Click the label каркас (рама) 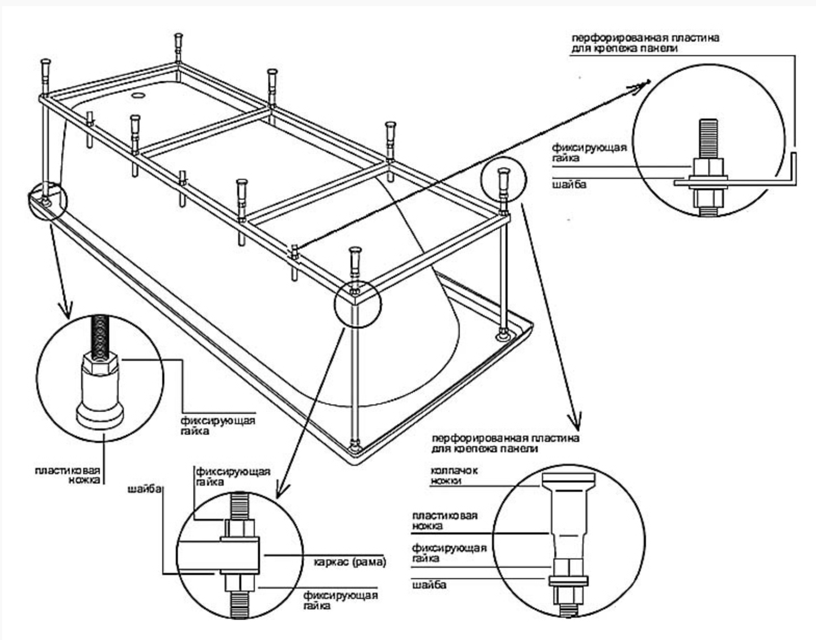click(x=350, y=563)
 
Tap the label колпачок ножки click(x=454, y=476)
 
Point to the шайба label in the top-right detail click(x=569, y=184)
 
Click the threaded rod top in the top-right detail click(x=708, y=138)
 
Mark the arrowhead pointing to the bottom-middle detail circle click(x=282, y=490)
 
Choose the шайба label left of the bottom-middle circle click(x=145, y=489)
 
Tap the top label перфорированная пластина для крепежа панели click(x=645, y=43)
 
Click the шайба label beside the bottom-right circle click(x=429, y=585)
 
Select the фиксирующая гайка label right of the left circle click(x=218, y=425)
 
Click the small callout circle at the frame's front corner click(x=357, y=304)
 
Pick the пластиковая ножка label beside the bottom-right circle click(x=445, y=520)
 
